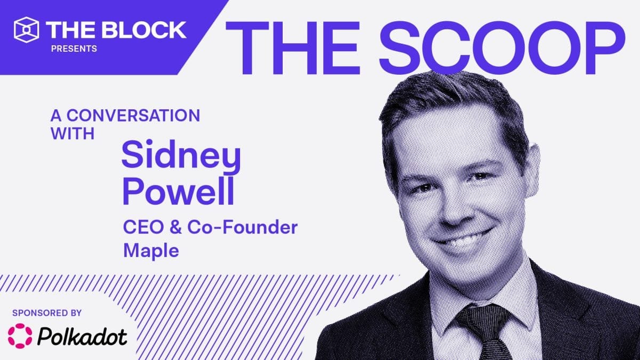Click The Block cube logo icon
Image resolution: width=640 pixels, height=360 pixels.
(27, 29)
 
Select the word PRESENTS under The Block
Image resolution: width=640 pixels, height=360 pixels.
(74, 49)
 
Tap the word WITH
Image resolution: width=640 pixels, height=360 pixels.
(73, 133)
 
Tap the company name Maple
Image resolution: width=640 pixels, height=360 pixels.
(151, 250)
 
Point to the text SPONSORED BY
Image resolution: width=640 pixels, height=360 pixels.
(48, 313)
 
